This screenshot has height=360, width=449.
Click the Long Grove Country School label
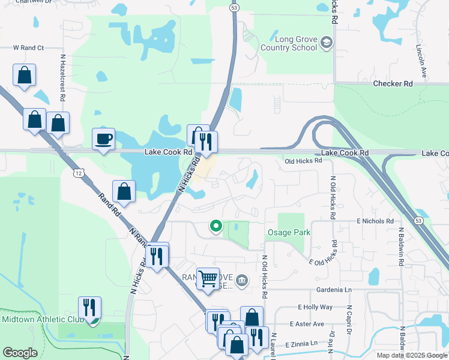(x=289, y=43)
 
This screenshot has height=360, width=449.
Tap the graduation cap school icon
(x=326, y=43)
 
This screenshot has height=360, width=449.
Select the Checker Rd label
(x=393, y=84)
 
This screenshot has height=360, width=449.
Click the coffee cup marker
(x=103, y=139)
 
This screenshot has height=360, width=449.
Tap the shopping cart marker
(x=208, y=278)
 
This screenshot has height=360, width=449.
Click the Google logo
(x=20, y=353)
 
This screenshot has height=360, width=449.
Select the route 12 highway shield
(x=79, y=173)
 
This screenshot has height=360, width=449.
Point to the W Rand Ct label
(x=29, y=47)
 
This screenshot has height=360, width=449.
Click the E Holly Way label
(x=315, y=307)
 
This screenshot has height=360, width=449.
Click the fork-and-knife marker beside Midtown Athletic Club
(x=89, y=308)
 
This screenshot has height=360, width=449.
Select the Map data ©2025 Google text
(x=411, y=355)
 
